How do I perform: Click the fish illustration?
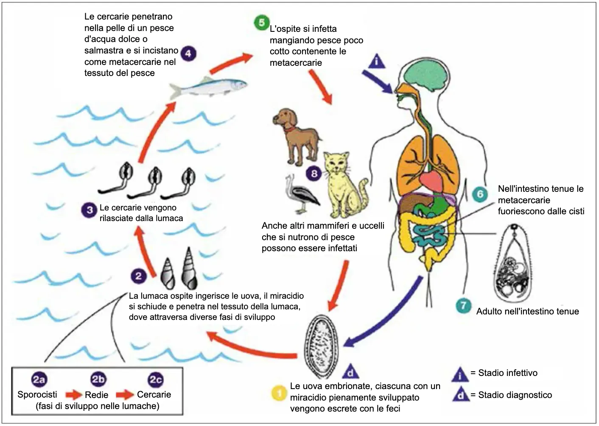[x=208, y=87]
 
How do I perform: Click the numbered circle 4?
[x=188, y=53]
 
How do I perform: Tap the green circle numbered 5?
[x=262, y=22]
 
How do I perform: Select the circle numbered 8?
[x=314, y=173]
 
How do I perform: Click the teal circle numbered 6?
[x=480, y=194]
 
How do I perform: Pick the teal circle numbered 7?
[x=463, y=305]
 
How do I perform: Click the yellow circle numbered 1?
[x=279, y=393]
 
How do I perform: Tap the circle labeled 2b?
[x=98, y=379]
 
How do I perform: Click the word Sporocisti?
[x=37, y=395]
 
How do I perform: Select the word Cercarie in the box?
[x=154, y=395]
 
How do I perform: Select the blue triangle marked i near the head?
[x=376, y=62]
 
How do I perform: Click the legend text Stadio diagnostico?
[x=515, y=395]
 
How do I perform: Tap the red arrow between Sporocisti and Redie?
[x=74, y=395]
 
